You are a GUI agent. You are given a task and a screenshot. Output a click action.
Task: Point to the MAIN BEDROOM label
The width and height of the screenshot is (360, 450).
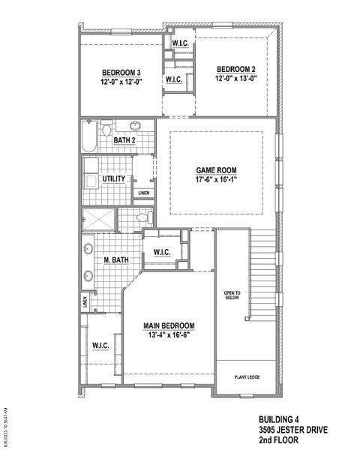point(169,325)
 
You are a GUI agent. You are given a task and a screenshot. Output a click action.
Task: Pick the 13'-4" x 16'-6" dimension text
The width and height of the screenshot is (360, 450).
point(169,335)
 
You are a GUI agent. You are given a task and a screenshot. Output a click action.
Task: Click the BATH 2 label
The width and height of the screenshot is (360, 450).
point(124,140)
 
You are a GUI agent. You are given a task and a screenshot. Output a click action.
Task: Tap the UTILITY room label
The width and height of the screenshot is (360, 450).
point(113,178)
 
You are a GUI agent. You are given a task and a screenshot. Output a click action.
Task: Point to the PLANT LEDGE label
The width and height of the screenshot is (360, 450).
point(247,377)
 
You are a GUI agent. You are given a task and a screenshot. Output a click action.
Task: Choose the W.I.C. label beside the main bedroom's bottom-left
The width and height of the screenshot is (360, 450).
point(101,346)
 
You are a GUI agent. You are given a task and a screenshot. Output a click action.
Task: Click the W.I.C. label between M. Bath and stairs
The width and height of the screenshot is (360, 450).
point(162,253)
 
